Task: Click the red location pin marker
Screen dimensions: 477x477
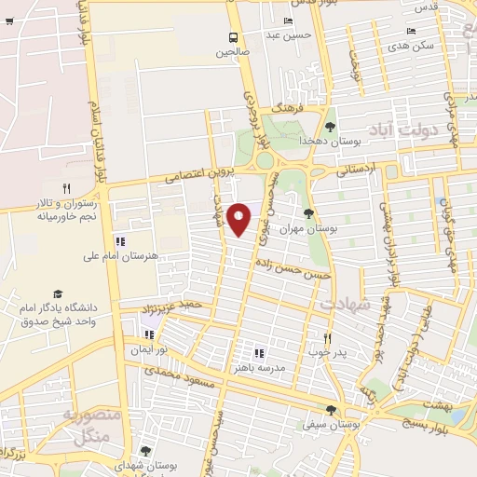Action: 239,219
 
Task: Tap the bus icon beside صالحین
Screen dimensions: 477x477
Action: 233,37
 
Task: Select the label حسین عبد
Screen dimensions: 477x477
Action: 286,35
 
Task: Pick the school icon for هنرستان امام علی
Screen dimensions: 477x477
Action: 119,241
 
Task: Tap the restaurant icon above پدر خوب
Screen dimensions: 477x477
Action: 327,338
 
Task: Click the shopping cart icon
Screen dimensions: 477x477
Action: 8,22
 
